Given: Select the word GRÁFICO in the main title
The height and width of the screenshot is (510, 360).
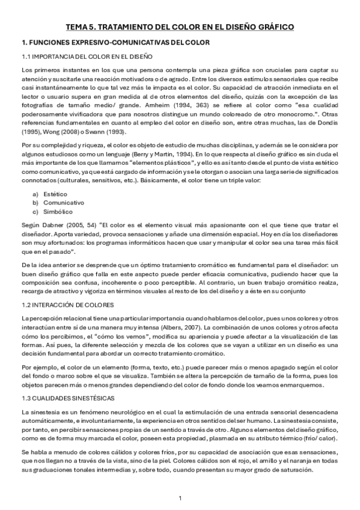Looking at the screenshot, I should tap(272, 27).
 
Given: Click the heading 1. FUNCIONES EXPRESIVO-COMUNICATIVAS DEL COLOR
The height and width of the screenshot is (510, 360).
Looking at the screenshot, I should tap(115, 43).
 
